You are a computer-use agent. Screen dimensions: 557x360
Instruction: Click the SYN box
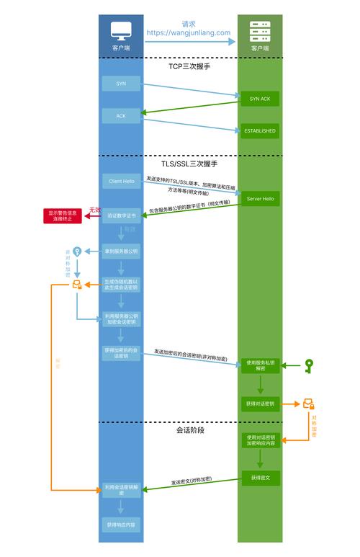point(120,84)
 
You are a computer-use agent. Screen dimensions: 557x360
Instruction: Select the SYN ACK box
point(259,99)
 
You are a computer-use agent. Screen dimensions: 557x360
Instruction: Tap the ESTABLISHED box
point(259,131)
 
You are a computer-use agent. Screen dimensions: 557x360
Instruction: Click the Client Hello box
point(120,181)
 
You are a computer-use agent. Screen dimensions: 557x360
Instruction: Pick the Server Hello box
point(259,198)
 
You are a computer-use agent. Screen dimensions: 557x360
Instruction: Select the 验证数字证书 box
point(120,215)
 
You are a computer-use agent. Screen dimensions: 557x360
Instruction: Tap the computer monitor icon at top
point(120,31)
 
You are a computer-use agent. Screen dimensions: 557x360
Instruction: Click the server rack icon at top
point(259,31)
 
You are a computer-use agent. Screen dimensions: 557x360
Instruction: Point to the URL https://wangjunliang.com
point(189,32)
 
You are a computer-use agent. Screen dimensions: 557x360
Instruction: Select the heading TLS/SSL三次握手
point(189,164)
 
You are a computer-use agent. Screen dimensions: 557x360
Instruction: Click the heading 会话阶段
point(190,430)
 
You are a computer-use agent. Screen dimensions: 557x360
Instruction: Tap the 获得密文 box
point(259,478)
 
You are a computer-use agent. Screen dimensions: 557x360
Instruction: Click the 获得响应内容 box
point(120,525)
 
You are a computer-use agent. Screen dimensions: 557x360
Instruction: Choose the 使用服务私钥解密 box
point(259,365)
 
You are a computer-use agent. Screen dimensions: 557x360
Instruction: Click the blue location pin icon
point(77,251)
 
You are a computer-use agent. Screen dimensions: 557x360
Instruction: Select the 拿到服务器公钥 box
point(120,251)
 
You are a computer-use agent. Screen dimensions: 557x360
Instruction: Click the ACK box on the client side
point(120,115)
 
